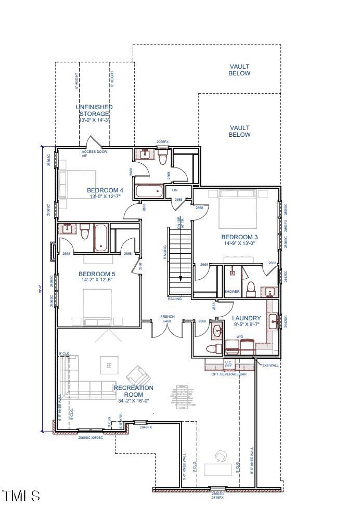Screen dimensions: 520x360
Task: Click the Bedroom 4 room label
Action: (x=105, y=190)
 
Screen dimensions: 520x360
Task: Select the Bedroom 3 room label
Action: (x=240, y=237)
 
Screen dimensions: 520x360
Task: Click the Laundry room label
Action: (x=247, y=318)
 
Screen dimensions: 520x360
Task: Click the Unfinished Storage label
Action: (x=94, y=110)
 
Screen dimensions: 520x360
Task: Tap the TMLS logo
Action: (x=21, y=496)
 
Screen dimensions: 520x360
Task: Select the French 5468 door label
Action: (x=168, y=319)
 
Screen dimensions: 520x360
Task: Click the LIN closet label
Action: (x=175, y=190)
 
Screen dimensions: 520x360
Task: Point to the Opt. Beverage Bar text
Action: (x=225, y=374)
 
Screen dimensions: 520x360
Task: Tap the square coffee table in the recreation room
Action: (x=109, y=365)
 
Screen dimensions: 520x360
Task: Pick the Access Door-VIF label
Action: (x=95, y=153)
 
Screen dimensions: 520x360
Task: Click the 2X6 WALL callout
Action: (x=271, y=365)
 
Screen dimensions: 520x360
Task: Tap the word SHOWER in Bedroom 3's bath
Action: (x=232, y=292)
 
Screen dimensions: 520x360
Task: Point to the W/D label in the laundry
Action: (x=240, y=337)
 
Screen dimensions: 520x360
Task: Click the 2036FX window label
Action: (x=163, y=142)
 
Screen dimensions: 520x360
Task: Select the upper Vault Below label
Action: (x=240, y=70)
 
